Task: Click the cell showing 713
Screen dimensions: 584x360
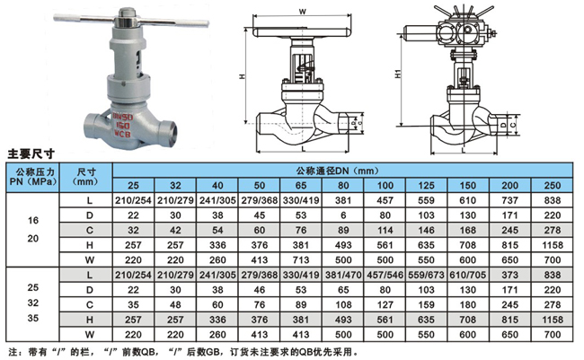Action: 301,259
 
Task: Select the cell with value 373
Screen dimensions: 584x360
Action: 510,275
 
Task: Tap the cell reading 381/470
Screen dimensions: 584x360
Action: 343,275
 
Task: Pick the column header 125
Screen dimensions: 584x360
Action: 427,186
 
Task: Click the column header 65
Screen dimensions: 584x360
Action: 301,186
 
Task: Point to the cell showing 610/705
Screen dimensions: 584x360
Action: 468,275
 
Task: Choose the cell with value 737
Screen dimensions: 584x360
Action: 510,200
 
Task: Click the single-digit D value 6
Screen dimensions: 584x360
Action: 343,215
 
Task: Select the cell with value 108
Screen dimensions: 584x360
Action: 343,304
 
